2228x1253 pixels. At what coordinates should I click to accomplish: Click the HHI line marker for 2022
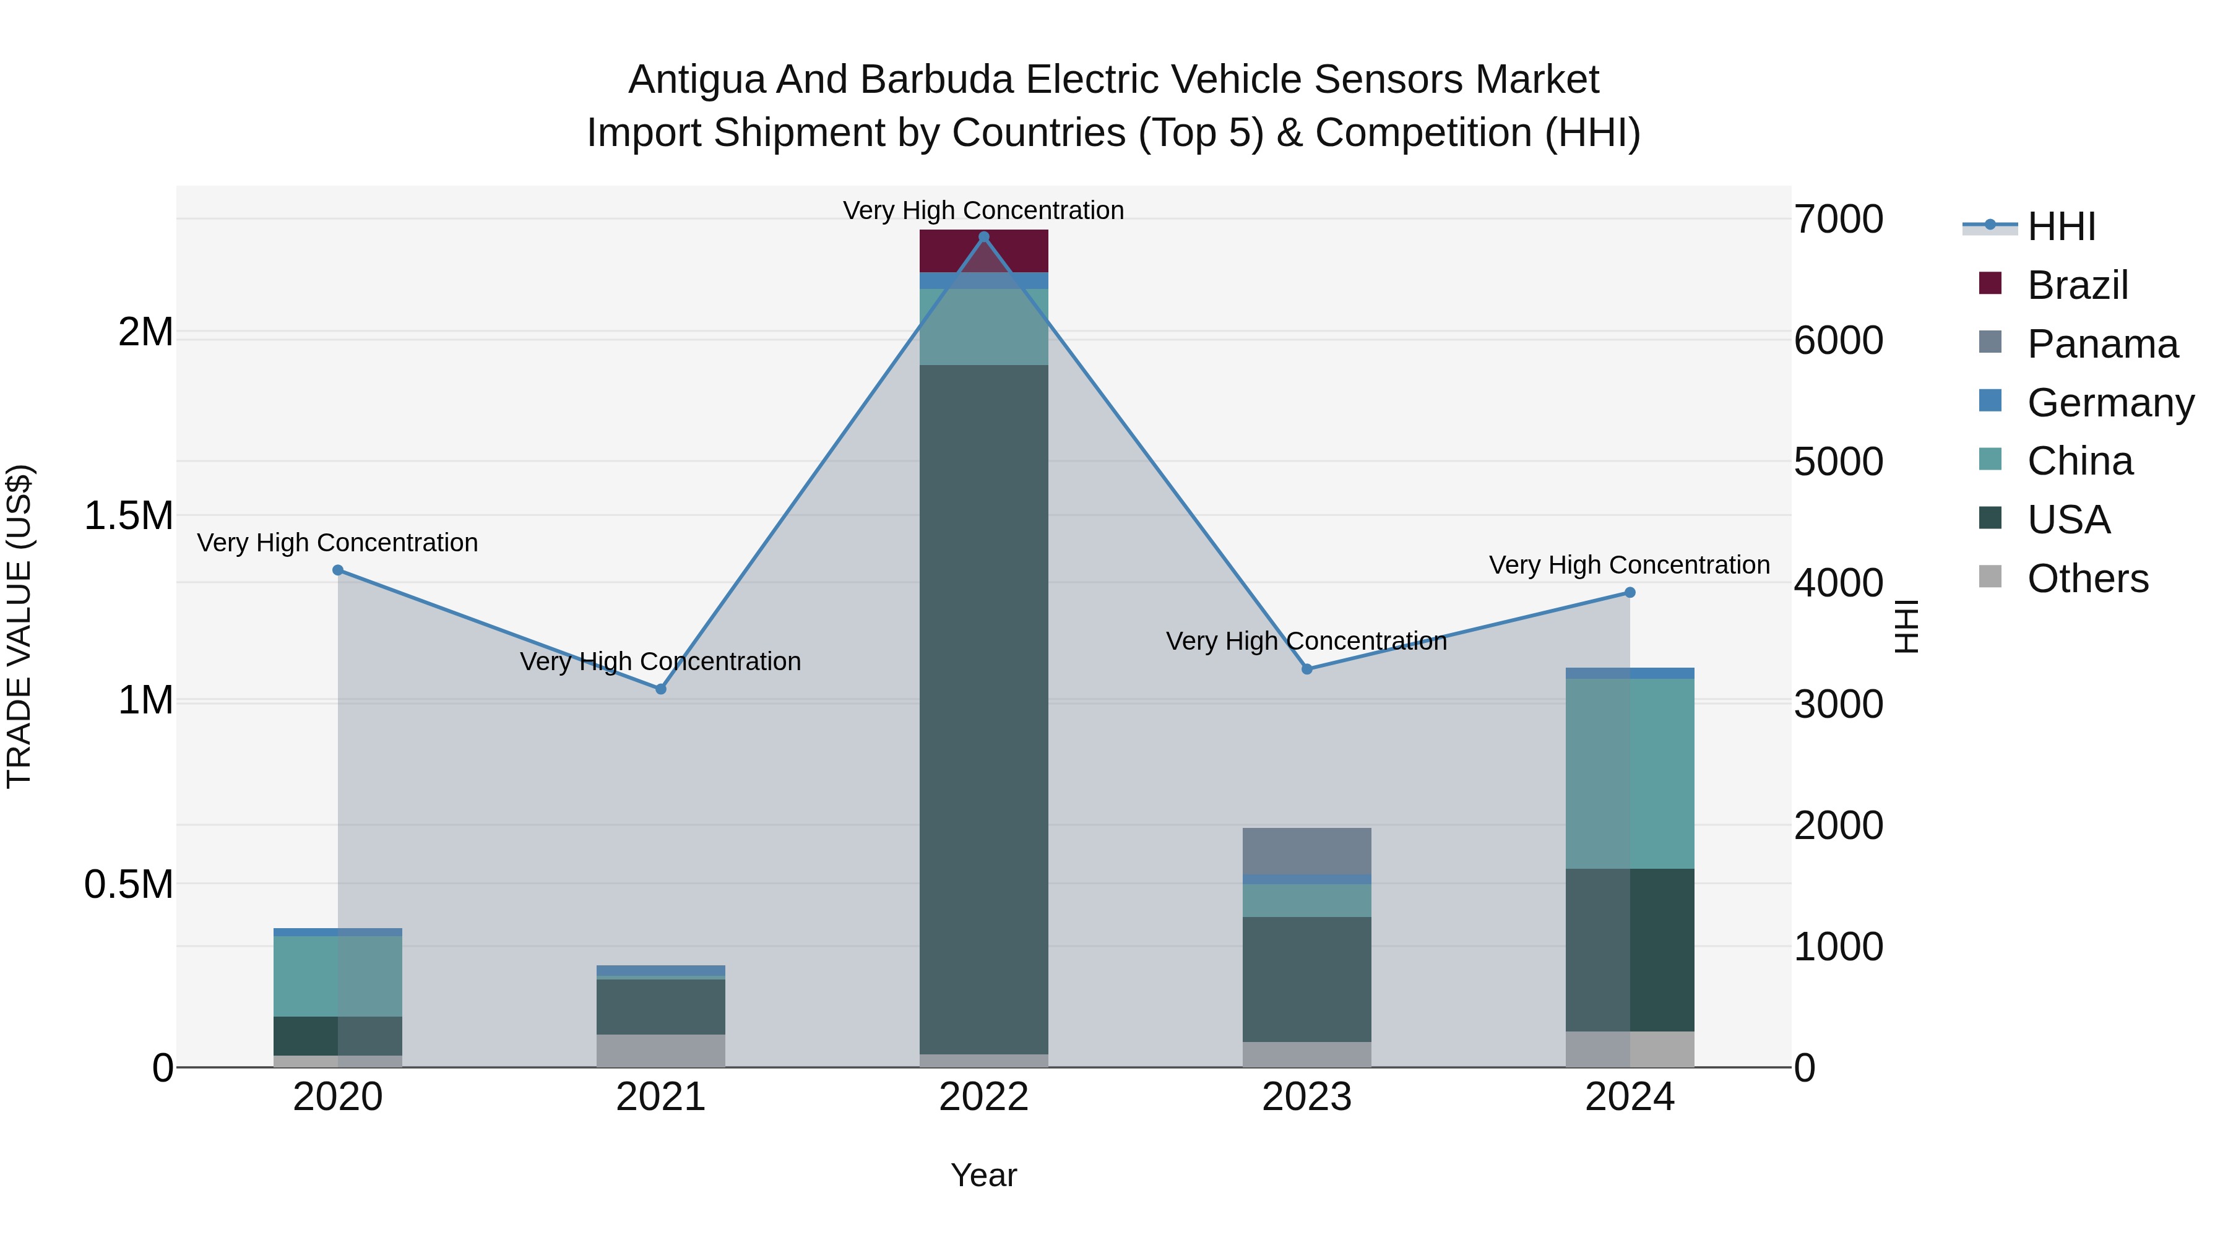[x=983, y=237]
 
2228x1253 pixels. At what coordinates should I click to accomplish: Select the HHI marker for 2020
[x=338, y=570]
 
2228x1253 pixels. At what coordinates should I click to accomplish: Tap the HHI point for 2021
[x=661, y=689]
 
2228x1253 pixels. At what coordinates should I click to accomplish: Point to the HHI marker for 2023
[x=1307, y=670]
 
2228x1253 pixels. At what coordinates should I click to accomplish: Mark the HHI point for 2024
[x=1630, y=592]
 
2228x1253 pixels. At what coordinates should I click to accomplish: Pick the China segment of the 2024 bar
[x=1630, y=774]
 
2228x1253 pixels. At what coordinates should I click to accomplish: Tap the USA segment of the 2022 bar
[x=983, y=709]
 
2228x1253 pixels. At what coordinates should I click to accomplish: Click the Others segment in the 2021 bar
[x=661, y=1051]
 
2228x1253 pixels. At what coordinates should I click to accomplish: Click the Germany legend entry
[x=2110, y=403]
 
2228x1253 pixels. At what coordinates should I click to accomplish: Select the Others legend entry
[x=2087, y=579]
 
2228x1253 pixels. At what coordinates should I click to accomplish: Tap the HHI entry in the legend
[x=2061, y=226]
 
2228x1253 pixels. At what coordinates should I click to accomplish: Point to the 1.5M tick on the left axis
[x=129, y=516]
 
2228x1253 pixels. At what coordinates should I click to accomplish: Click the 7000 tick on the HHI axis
[x=1839, y=220]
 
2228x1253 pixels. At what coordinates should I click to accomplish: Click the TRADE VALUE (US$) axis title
[x=19, y=626]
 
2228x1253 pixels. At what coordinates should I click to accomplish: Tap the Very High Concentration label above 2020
[x=337, y=543]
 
